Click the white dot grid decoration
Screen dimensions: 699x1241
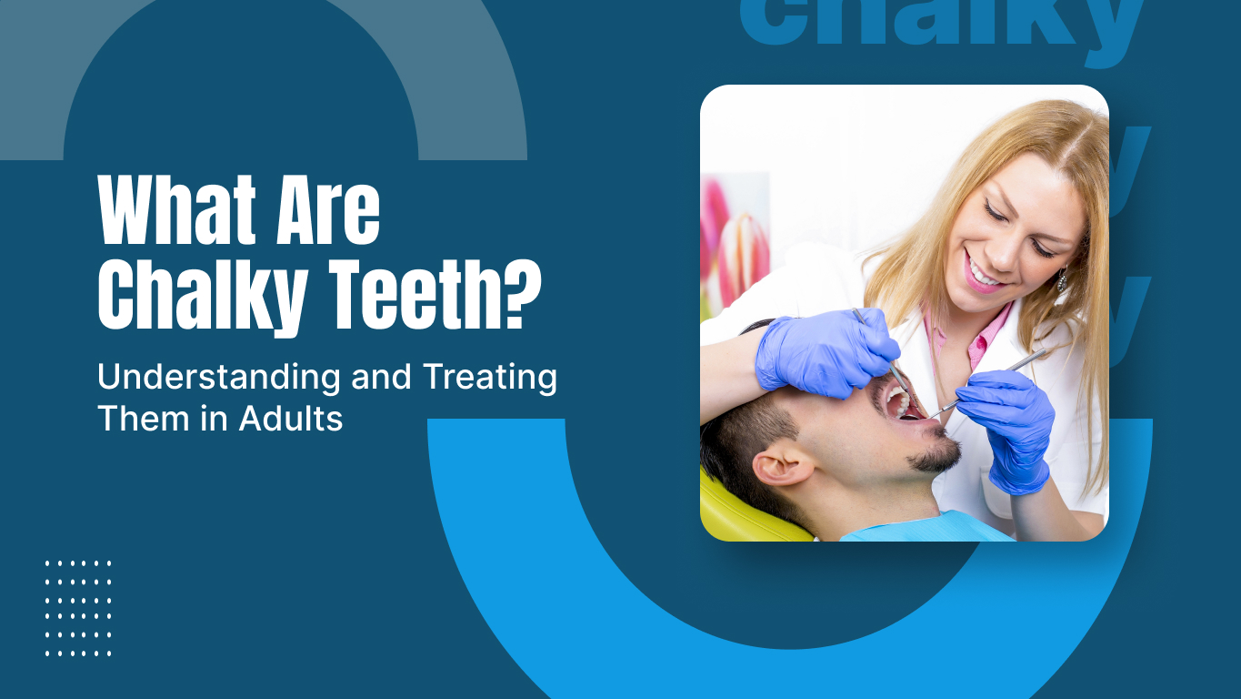tap(78, 608)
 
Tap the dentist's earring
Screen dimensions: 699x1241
tap(1061, 280)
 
